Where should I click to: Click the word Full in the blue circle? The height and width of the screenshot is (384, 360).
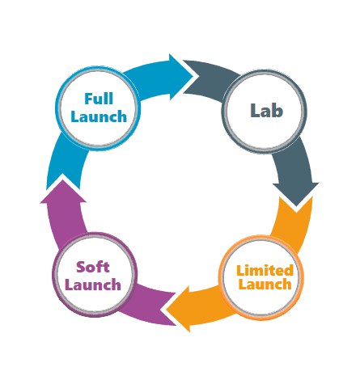point(99,99)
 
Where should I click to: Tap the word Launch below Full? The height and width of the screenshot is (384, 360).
point(99,116)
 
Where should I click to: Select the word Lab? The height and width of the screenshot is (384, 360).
point(266,111)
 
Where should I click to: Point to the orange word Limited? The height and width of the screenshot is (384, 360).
point(265,270)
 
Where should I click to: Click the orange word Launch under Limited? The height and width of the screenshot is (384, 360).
point(265,285)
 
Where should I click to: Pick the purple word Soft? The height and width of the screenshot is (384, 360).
point(93,267)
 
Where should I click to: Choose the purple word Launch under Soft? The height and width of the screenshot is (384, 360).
point(93,285)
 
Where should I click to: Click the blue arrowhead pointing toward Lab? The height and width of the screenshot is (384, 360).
point(180,77)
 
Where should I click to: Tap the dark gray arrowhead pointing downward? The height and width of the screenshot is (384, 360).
point(296,195)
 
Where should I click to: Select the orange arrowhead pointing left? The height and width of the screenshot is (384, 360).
point(178,309)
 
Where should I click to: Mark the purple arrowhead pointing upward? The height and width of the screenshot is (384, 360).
point(63,192)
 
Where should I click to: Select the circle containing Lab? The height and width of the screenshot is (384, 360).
point(265,112)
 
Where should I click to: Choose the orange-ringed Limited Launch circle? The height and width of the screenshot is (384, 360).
point(261,277)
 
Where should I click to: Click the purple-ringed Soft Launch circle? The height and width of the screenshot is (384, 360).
point(95,275)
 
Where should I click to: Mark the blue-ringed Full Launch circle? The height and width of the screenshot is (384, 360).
point(98,108)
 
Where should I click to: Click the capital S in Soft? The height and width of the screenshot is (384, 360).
point(80,267)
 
